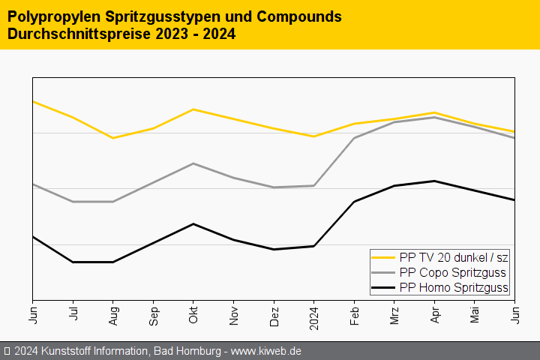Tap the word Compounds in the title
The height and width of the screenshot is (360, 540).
click(x=283, y=16)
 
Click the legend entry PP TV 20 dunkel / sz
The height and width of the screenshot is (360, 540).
click(x=454, y=257)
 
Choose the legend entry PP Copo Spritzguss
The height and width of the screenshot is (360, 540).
click(x=452, y=272)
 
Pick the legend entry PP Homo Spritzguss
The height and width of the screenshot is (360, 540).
click(x=454, y=287)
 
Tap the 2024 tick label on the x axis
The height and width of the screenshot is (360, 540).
click(x=314, y=315)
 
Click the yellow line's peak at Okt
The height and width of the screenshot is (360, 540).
click(x=193, y=109)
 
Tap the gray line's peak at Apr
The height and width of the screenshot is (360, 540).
click(x=434, y=117)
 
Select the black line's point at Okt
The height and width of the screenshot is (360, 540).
click(x=193, y=223)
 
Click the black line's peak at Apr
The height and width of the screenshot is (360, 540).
click(x=434, y=181)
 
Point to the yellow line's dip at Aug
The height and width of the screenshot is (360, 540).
click(x=113, y=138)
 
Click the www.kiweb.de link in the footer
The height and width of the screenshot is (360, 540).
click(x=268, y=351)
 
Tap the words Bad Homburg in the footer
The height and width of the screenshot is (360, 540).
click(x=188, y=351)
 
